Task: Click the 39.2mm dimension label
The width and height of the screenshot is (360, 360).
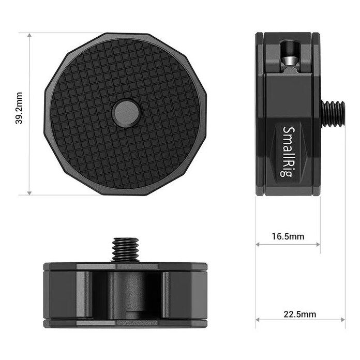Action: point(19,108)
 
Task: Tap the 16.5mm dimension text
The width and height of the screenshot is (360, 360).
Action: point(288,236)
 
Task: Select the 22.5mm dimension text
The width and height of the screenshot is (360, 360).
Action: point(299,314)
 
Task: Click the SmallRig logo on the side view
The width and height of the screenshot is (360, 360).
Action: point(288,152)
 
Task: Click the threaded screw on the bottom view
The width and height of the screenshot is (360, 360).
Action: point(126,250)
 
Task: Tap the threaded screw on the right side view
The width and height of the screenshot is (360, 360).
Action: point(333,113)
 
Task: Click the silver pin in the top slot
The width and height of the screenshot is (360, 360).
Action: point(289,61)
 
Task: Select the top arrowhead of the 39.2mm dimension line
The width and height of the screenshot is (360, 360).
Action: point(29,35)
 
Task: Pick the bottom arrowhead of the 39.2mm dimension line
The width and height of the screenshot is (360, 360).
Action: point(29,192)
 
